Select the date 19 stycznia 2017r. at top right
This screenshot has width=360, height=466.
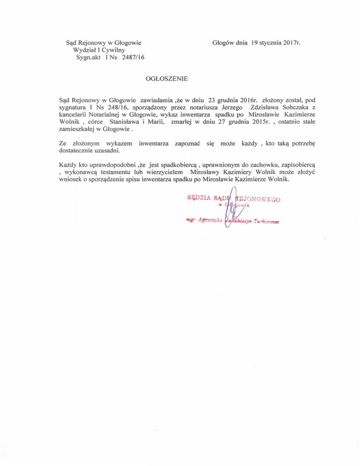[x=276, y=43]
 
